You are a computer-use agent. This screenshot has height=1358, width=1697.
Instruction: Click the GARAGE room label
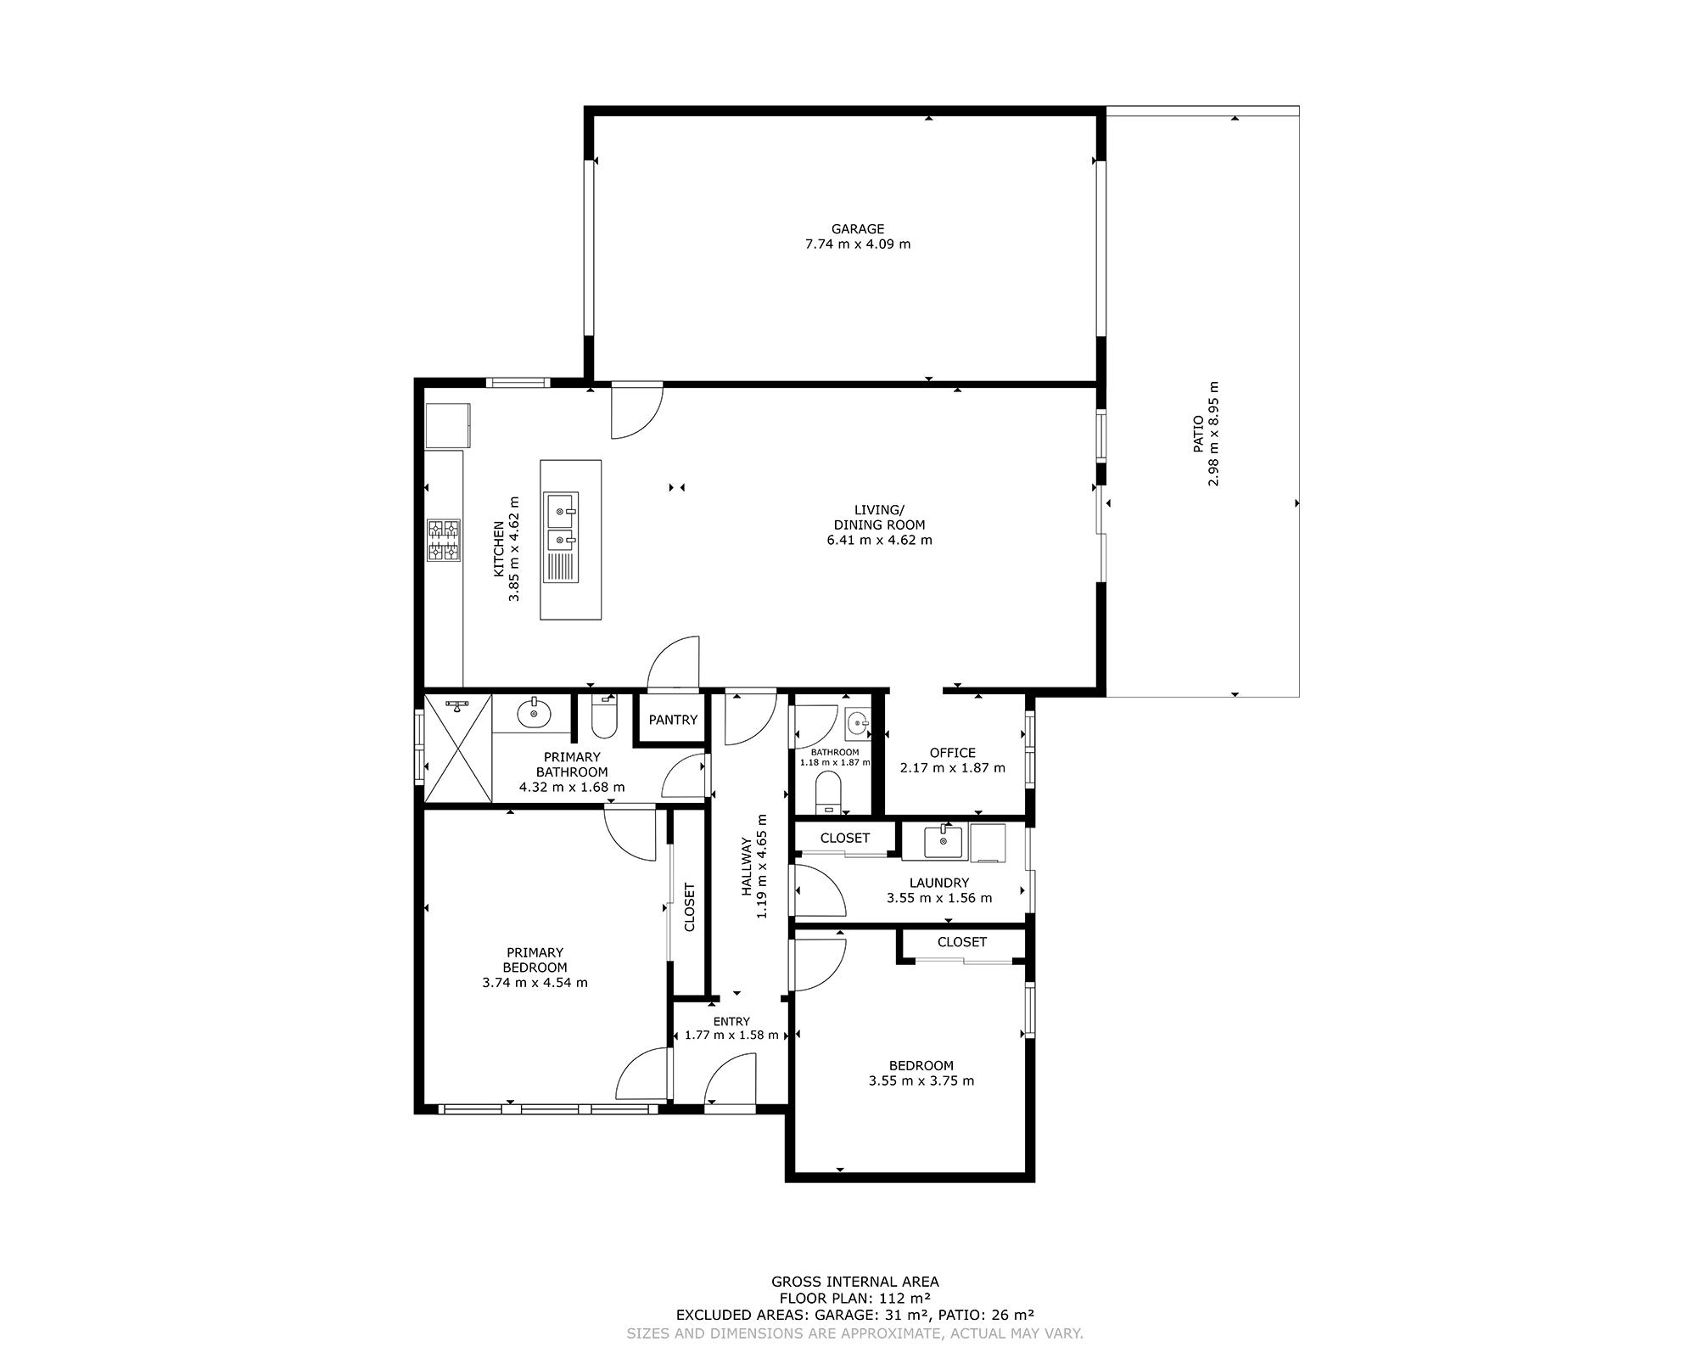(858, 228)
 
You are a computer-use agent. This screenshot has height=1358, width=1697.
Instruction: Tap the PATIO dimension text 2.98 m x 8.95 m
(1214, 433)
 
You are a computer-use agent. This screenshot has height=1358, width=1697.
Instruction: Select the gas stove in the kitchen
(444, 540)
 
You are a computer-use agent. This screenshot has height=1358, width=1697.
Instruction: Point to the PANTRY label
(673, 720)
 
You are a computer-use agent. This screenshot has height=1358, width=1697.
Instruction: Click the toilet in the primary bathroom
(604, 716)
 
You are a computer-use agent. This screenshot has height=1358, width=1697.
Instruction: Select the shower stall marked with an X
(458, 747)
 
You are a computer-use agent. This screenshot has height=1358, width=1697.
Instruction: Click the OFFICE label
(953, 753)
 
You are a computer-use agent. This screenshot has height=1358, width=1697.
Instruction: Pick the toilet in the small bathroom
(827, 790)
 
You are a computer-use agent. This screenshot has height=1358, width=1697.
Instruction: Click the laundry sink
(944, 840)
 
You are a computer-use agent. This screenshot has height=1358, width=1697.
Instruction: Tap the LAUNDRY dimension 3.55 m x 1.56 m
(939, 898)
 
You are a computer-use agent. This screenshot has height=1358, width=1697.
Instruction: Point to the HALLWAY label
(747, 867)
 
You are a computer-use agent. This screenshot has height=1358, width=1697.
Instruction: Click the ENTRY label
(731, 1022)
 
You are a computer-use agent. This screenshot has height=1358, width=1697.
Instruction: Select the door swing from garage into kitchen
(637, 410)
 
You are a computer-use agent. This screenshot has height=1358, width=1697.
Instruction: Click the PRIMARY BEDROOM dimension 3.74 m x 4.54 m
(535, 983)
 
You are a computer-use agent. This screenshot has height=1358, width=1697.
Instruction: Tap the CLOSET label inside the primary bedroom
(689, 907)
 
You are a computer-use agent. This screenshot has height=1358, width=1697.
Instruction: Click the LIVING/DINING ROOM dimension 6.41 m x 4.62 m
(880, 540)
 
